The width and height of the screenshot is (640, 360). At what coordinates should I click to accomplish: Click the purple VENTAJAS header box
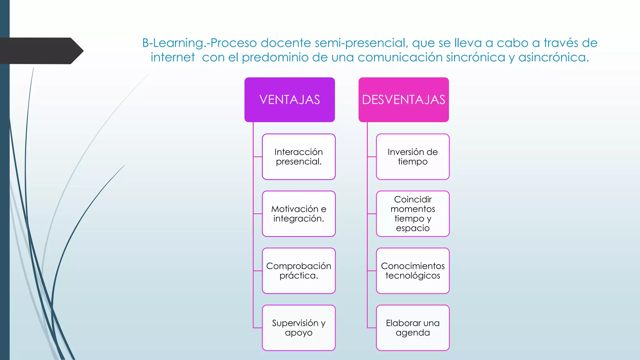tap(289, 100)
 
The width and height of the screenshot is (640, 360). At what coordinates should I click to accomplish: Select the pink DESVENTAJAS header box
tap(403, 100)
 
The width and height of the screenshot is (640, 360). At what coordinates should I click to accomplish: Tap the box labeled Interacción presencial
tap(299, 157)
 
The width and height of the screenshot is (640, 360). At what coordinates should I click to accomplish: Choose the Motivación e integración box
tap(299, 214)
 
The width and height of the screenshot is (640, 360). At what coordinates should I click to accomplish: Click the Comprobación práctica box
tap(299, 271)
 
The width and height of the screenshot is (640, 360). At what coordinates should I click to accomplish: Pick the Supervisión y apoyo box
tap(299, 328)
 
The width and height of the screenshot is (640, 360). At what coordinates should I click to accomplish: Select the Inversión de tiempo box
tap(413, 157)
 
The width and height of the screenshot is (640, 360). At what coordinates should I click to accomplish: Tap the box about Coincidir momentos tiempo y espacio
tap(413, 214)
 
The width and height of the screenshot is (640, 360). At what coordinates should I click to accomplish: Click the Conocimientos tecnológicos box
tap(413, 271)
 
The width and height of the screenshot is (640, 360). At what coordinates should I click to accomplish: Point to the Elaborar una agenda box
tap(413, 328)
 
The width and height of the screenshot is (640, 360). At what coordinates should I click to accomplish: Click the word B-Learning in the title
tap(173, 43)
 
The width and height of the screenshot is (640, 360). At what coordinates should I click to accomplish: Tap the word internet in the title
tap(172, 57)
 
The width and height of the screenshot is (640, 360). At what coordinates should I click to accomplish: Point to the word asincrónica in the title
tap(553, 57)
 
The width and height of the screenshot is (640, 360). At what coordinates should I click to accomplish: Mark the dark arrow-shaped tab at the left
tap(41, 51)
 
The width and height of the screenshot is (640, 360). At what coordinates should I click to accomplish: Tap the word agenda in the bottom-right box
tap(413, 333)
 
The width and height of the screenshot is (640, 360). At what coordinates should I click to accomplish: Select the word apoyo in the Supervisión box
tap(299, 333)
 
